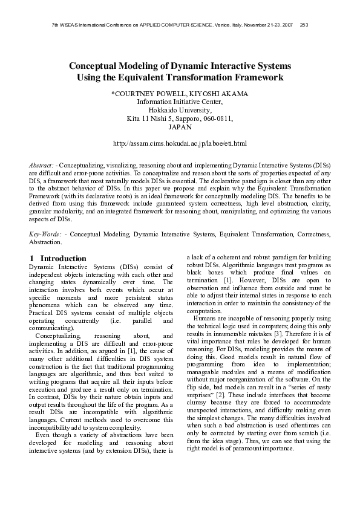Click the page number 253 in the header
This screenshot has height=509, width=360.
[x=304, y=25]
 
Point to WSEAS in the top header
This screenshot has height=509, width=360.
[x=68, y=25]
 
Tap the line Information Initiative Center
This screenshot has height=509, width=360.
[x=180, y=102]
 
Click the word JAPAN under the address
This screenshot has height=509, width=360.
[x=180, y=128]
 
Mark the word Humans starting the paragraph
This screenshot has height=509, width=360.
[x=204, y=319]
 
